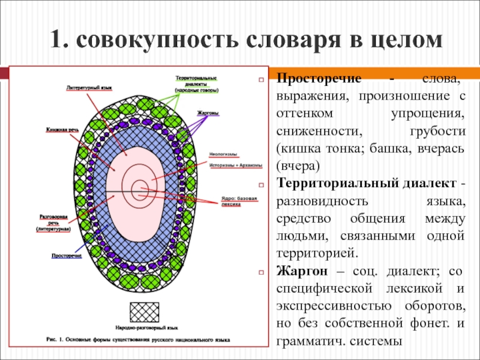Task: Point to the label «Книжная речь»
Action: click(x=62, y=129)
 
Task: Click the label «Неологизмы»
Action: click(x=221, y=154)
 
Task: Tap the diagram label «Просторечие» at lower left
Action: click(x=67, y=256)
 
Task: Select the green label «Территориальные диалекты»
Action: click(x=196, y=84)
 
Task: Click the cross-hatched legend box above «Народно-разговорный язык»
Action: click(x=148, y=312)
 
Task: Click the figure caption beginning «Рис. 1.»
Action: click(x=138, y=339)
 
